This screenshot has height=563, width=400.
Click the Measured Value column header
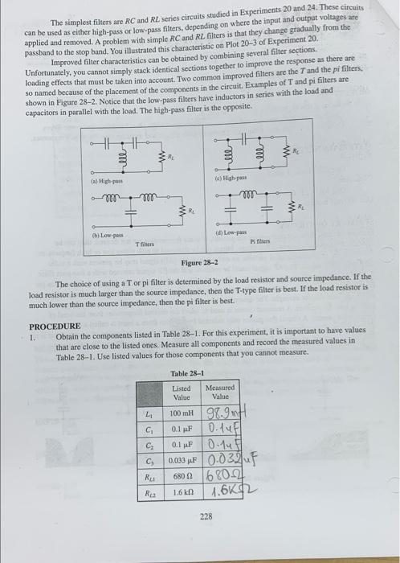[220, 392]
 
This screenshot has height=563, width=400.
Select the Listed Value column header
[182, 392]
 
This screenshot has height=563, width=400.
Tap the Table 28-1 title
[187, 373]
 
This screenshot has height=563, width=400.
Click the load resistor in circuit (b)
[184, 212]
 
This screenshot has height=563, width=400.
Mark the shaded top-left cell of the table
[151, 392]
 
